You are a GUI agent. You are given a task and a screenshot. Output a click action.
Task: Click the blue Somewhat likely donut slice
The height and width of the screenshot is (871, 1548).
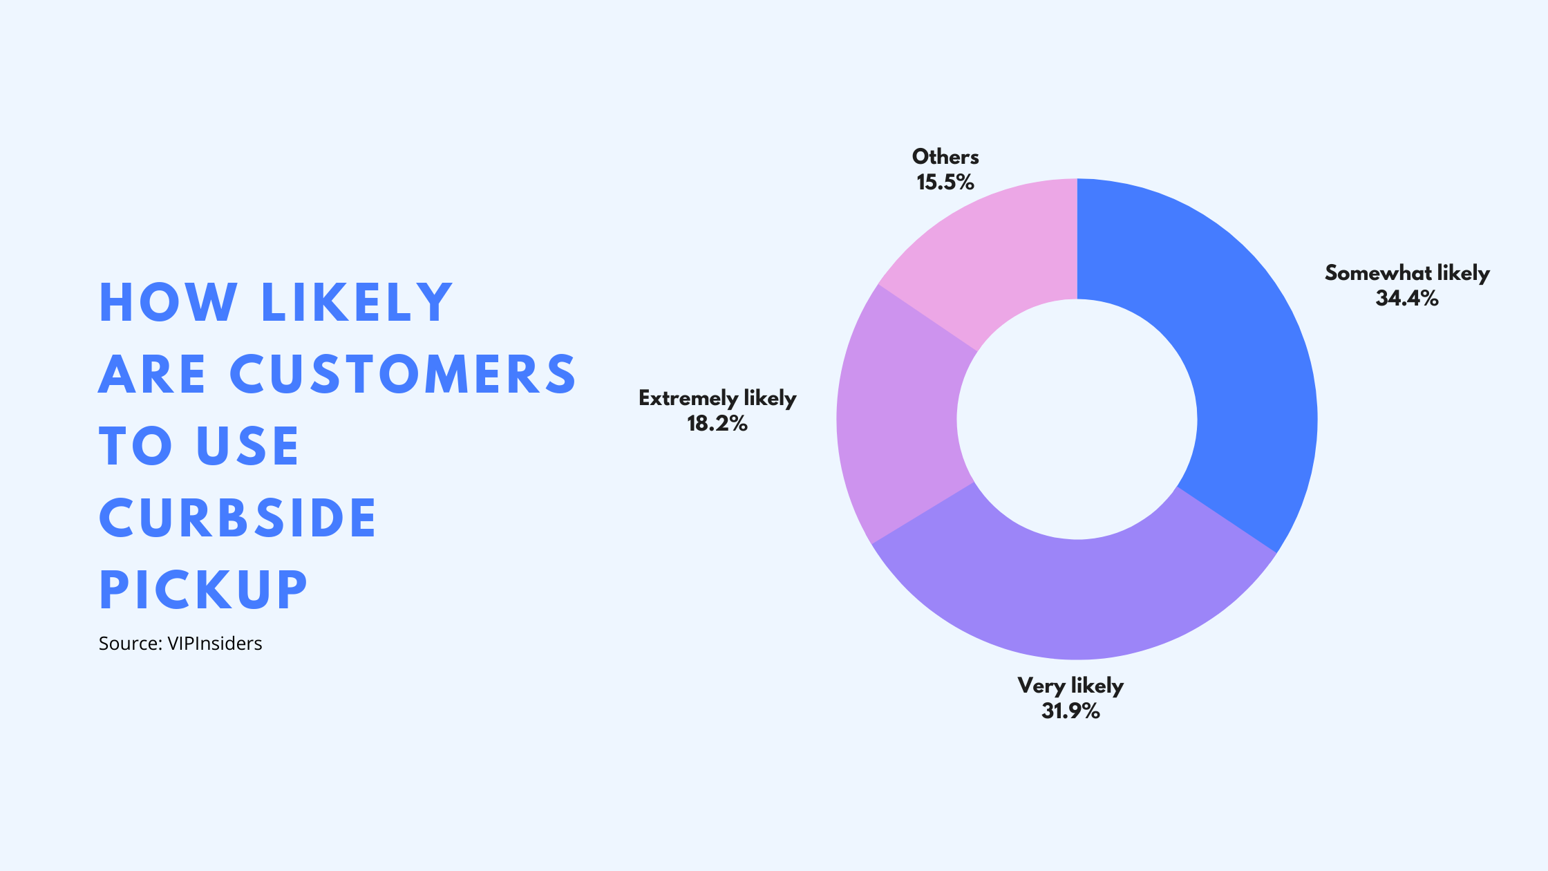coord(1237,359)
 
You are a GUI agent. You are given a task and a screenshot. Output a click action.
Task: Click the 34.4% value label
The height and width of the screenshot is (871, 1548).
coord(1407,299)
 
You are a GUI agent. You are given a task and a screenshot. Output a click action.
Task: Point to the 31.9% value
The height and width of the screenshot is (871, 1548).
coord(1070,711)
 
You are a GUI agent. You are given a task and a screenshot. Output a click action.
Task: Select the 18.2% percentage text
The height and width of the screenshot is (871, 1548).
coord(717,424)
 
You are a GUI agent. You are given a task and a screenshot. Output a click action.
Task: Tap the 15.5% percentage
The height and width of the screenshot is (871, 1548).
coord(945,182)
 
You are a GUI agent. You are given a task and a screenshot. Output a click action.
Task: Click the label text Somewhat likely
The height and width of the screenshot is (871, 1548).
coord(1407,274)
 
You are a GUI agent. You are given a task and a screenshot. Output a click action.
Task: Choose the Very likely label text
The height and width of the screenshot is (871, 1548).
coord(1070,686)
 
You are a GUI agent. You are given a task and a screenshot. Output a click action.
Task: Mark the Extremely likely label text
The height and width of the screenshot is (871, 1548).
coord(717,399)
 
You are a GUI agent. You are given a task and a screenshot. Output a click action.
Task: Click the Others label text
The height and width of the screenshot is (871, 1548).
coord(945,157)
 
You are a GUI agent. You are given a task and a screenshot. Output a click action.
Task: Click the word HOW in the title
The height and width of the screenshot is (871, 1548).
coord(168,302)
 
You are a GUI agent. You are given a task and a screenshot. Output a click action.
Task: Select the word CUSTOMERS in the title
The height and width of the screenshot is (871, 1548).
coord(403,374)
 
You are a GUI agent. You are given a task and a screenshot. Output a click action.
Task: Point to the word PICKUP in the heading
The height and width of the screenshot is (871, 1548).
coord(203,590)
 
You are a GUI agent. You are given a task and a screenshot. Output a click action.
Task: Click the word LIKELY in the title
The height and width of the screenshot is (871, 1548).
coord(357,302)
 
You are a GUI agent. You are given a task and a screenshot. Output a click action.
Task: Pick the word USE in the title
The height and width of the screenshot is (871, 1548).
coord(247,446)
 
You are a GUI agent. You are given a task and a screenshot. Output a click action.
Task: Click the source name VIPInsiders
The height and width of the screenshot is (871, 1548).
coord(215,644)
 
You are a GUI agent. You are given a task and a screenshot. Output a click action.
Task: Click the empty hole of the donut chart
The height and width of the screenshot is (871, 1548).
coord(1077,419)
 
